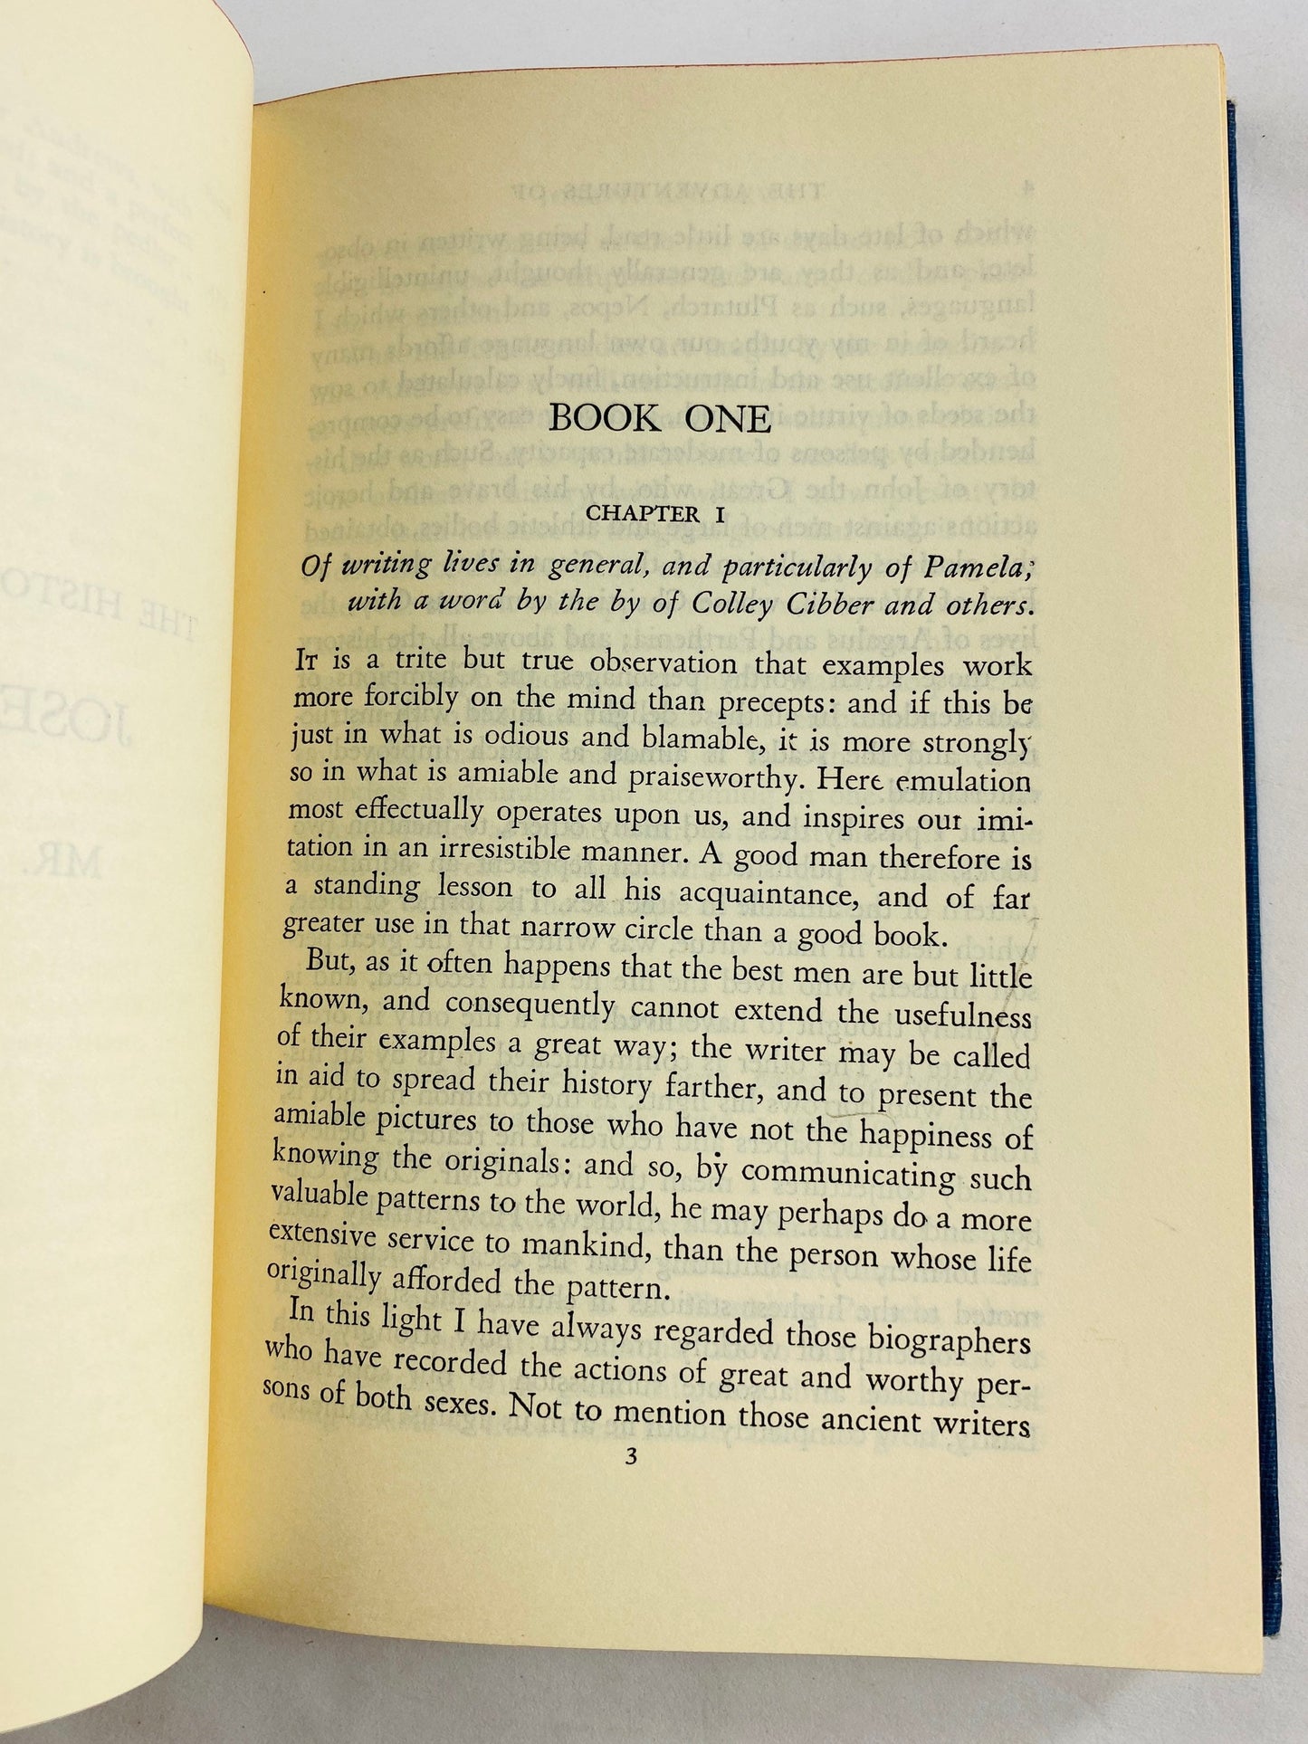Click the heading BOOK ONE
pos(660,419)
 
